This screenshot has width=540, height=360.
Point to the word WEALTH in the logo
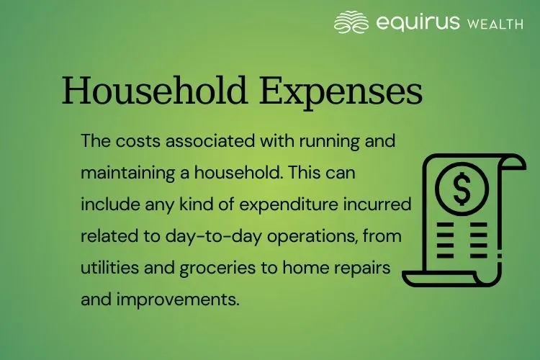coord(495,24)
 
